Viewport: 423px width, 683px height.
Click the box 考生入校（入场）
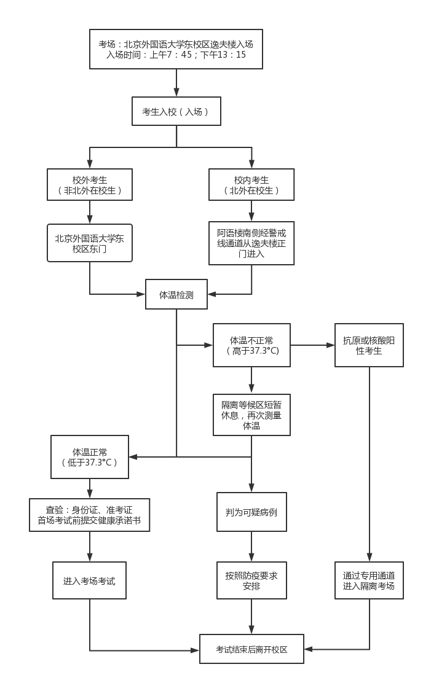click(x=176, y=112)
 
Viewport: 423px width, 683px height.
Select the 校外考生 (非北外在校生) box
click(x=90, y=185)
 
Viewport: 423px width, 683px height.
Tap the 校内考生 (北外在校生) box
click(x=251, y=185)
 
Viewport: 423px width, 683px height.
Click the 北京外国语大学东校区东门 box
click(x=90, y=243)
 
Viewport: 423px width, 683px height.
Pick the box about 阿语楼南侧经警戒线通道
click(x=251, y=243)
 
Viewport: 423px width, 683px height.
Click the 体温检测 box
click(x=176, y=295)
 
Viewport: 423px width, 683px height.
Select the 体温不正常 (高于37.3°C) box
click(x=251, y=345)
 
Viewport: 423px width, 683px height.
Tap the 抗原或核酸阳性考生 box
click(x=369, y=345)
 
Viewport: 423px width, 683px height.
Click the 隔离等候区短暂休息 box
click(x=251, y=415)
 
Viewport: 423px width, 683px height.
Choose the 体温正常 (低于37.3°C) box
click(x=90, y=457)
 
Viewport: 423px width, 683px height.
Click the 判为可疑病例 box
click(x=251, y=511)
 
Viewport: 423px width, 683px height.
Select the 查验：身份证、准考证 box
click(x=90, y=515)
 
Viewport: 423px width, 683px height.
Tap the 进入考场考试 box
click(x=90, y=580)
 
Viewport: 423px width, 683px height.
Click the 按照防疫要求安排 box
click(x=251, y=580)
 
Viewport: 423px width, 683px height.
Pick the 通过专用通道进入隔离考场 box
click(x=369, y=580)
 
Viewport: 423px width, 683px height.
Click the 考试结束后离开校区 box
click(x=251, y=649)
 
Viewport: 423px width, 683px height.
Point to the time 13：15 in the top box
click(x=232, y=55)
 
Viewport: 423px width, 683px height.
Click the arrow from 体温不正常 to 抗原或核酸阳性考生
click(x=312, y=345)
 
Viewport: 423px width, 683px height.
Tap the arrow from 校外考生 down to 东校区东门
click(x=90, y=212)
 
